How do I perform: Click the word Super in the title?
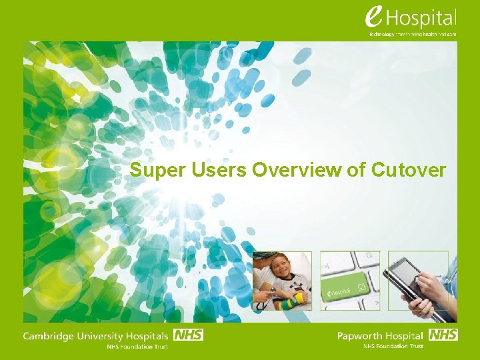(x=151, y=171)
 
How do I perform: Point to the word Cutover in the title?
(x=408, y=171)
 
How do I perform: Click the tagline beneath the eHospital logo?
(x=413, y=34)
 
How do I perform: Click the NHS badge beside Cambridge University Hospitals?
(x=188, y=335)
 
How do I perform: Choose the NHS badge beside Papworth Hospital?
(x=443, y=335)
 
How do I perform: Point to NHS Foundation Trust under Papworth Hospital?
(x=393, y=347)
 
